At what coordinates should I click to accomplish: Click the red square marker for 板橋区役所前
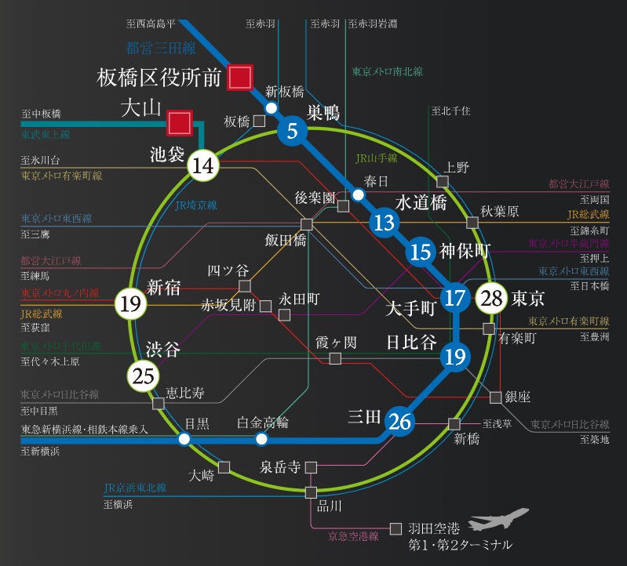[x=239, y=77]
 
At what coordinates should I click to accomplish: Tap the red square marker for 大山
[x=180, y=122]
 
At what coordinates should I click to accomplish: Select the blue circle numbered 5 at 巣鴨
[x=292, y=131]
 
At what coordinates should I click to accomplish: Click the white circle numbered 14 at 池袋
[x=202, y=165]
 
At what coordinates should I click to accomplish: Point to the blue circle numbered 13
[x=384, y=223]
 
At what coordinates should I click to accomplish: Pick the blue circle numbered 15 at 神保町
[x=421, y=252]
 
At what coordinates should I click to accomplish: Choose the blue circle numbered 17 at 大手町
[x=454, y=298]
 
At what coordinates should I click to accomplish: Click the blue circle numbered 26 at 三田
[x=400, y=422]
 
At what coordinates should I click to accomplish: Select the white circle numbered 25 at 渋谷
[x=144, y=376]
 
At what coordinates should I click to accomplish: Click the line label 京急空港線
[x=353, y=536]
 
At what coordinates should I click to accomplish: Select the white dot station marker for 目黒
[x=184, y=439]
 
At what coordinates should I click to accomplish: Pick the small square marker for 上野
[x=443, y=182]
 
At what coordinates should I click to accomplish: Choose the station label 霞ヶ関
[x=336, y=342]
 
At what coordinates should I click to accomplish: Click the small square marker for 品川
[x=312, y=492]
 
